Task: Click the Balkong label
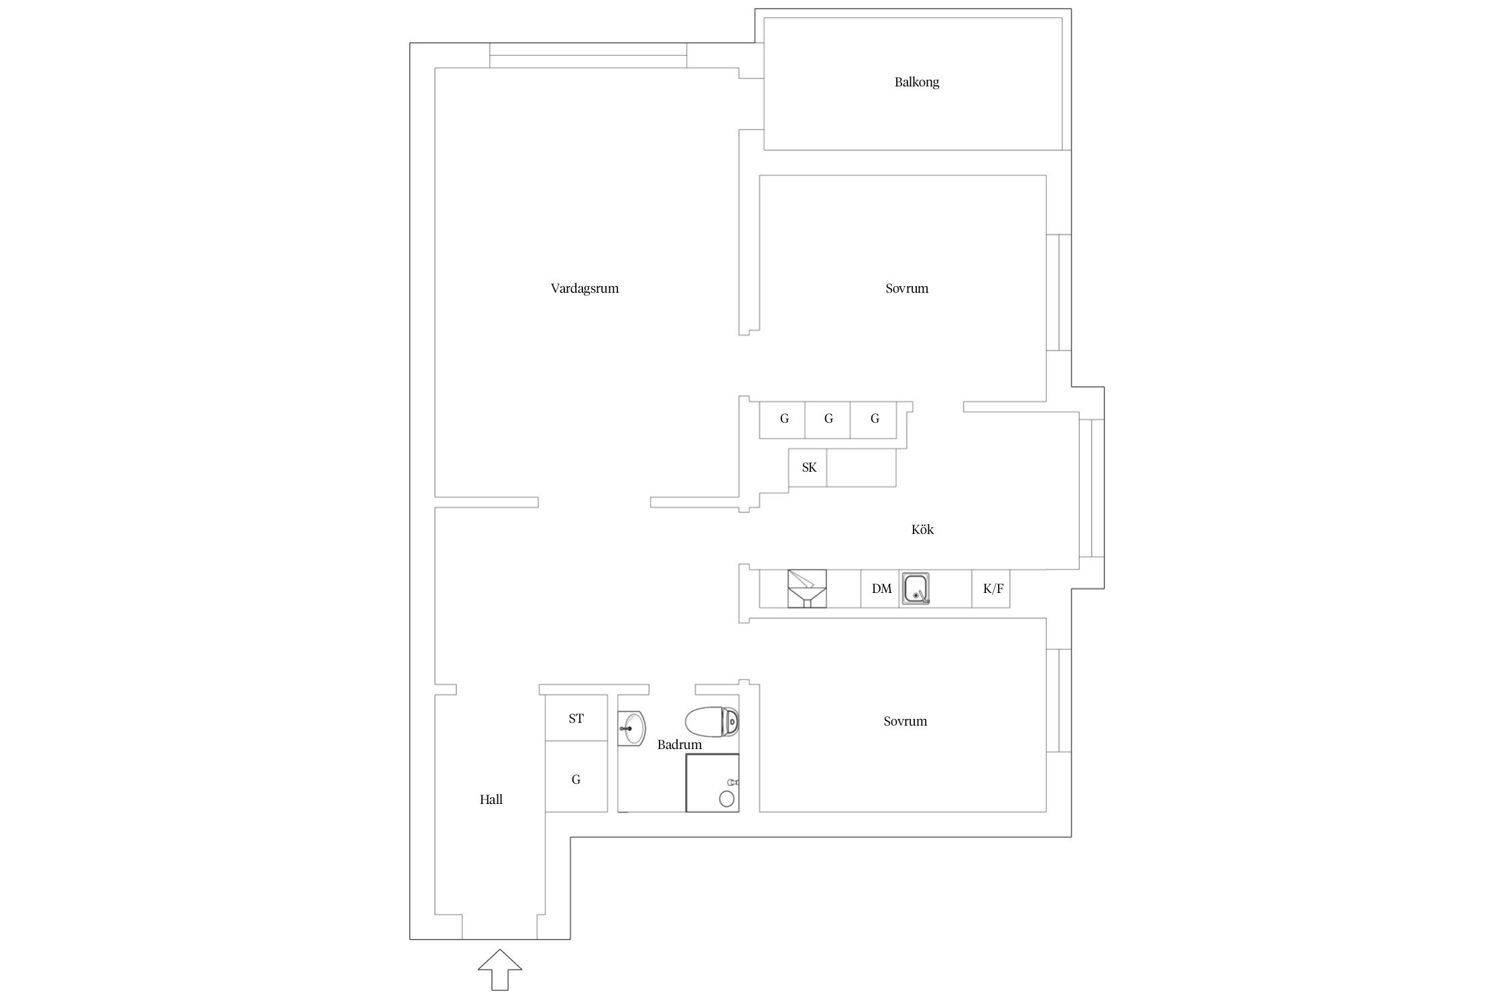(916, 82)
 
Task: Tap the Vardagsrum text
(584, 289)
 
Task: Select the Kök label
(922, 529)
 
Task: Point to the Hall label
(491, 799)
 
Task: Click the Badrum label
(680, 744)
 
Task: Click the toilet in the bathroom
(712, 722)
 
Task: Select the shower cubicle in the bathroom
(712, 783)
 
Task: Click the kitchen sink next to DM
(916, 589)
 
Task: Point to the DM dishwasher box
(880, 589)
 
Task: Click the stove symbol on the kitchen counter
(807, 589)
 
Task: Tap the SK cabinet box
(808, 468)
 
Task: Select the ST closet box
(576, 718)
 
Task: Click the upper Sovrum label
(907, 289)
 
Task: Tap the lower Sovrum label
(905, 722)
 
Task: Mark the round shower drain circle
(726, 798)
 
